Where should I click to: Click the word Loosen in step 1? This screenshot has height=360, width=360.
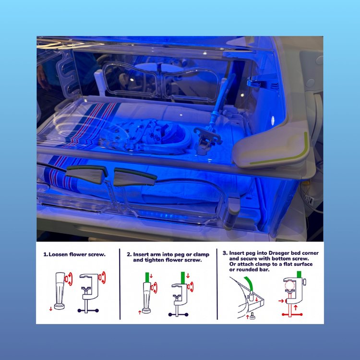coord(58,254)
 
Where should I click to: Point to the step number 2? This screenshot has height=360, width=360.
coord(129,254)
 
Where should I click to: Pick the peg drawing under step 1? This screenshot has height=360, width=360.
coord(60,291)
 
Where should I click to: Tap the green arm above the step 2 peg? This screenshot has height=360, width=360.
coord(147,277)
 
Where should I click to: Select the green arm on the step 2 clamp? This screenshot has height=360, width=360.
coord(183,278)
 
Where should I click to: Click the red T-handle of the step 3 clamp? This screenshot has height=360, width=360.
coord(292,314)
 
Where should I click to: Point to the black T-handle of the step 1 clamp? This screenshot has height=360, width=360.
coord(88,311)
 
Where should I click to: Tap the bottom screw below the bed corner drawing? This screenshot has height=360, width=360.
coord(252,316)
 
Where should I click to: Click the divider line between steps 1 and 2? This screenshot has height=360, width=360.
coord(120,284)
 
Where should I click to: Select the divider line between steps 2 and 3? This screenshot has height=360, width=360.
coord(217,284)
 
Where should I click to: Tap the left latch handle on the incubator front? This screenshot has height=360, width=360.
coord(86,174)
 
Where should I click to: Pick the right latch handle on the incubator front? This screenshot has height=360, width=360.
coord(135,177)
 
